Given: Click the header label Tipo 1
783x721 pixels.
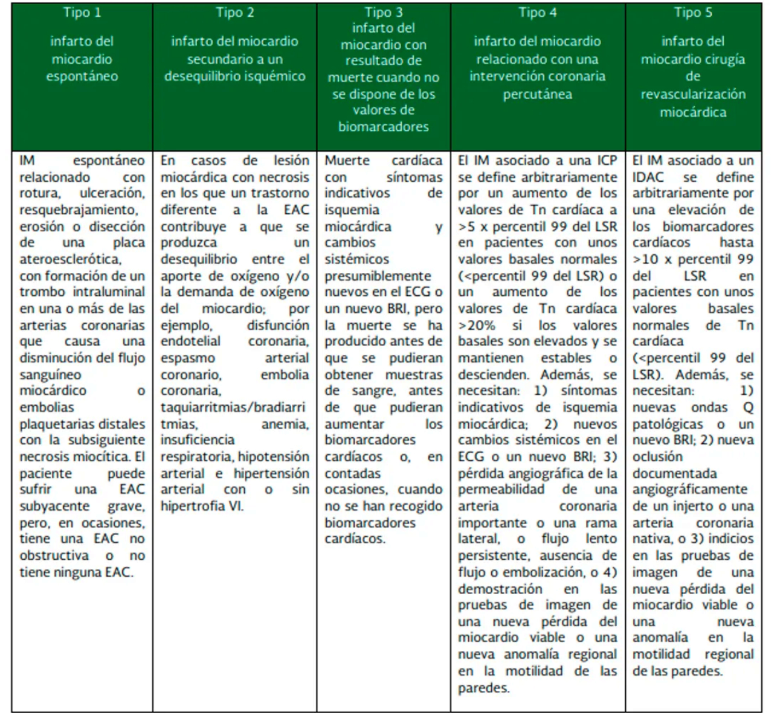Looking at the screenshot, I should (x=82, y=13).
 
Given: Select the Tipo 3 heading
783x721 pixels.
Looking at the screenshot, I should (x=383, y=13).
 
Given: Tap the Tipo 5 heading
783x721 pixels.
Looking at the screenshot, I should (x=693, y=13).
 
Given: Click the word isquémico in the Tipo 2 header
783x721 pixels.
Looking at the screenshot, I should (x=275, y=77).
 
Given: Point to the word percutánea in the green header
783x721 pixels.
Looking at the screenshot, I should (x=537, y=94).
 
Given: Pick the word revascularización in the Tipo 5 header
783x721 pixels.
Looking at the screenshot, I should (x=693, y=94).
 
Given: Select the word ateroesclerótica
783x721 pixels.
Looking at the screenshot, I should (x=70, y=260).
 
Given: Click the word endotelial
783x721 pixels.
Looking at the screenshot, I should (x=190, y=342).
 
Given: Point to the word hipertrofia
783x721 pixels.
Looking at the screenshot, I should (x=192, y=506).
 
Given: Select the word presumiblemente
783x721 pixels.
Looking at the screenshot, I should (x=378, y=276).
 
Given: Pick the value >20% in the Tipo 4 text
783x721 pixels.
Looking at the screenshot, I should (x=477, y=325).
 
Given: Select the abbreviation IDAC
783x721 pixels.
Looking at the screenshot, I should (x=648, y=178).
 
